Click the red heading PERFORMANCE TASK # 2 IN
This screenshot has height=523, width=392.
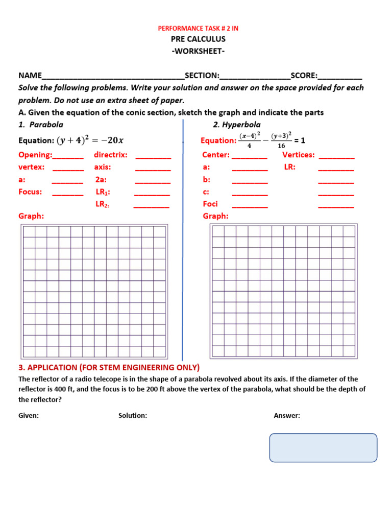198,29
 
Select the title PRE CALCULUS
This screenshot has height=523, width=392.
198,39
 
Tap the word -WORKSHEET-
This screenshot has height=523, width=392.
198,51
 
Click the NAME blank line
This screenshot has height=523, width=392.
113,77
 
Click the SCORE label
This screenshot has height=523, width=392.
304,76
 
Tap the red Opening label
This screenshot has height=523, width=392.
35,155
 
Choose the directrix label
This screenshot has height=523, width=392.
111,155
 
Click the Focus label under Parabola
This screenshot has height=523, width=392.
30,192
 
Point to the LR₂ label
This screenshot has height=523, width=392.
103,204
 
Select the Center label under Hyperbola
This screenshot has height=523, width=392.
216,155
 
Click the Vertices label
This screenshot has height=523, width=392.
299,155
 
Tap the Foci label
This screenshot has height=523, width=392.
210,204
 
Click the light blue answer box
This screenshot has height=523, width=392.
323,448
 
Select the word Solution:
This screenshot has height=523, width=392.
133,416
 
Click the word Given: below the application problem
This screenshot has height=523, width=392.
29,416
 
